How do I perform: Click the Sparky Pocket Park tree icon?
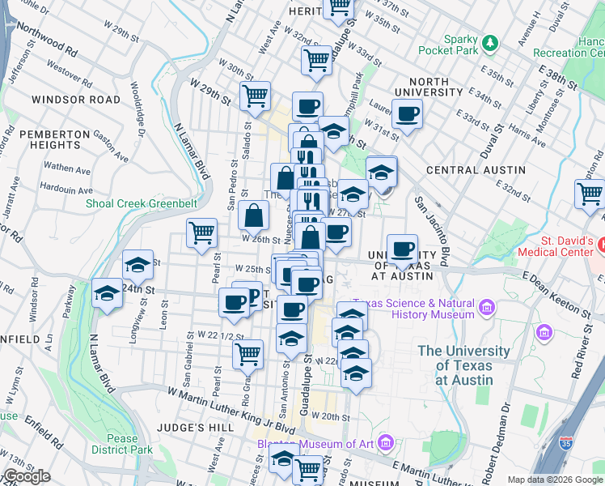489,42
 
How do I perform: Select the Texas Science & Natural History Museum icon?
486,306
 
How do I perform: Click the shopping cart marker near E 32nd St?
590,195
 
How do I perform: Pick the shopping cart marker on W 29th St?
255,96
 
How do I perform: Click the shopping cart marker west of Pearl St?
201,233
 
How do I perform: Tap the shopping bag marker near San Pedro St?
254,215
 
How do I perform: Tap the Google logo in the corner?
26,476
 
